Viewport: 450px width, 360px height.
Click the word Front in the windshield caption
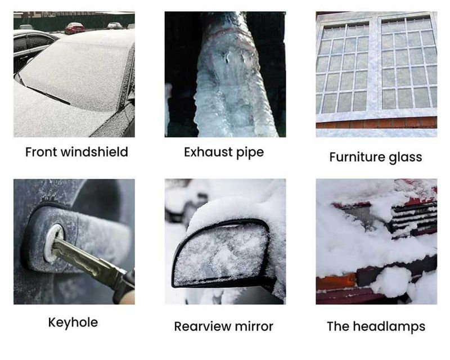tap(40, 152)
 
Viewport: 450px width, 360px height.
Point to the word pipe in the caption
tap(247, 152)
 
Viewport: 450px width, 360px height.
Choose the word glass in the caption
tap(406, 157)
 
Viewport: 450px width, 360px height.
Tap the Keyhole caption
tap(73, 322)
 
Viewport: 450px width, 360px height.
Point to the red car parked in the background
tap(74, 28)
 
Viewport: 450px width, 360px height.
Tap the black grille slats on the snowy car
tap(413, 217)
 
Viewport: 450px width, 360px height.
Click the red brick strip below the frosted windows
tap(376, 122)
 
